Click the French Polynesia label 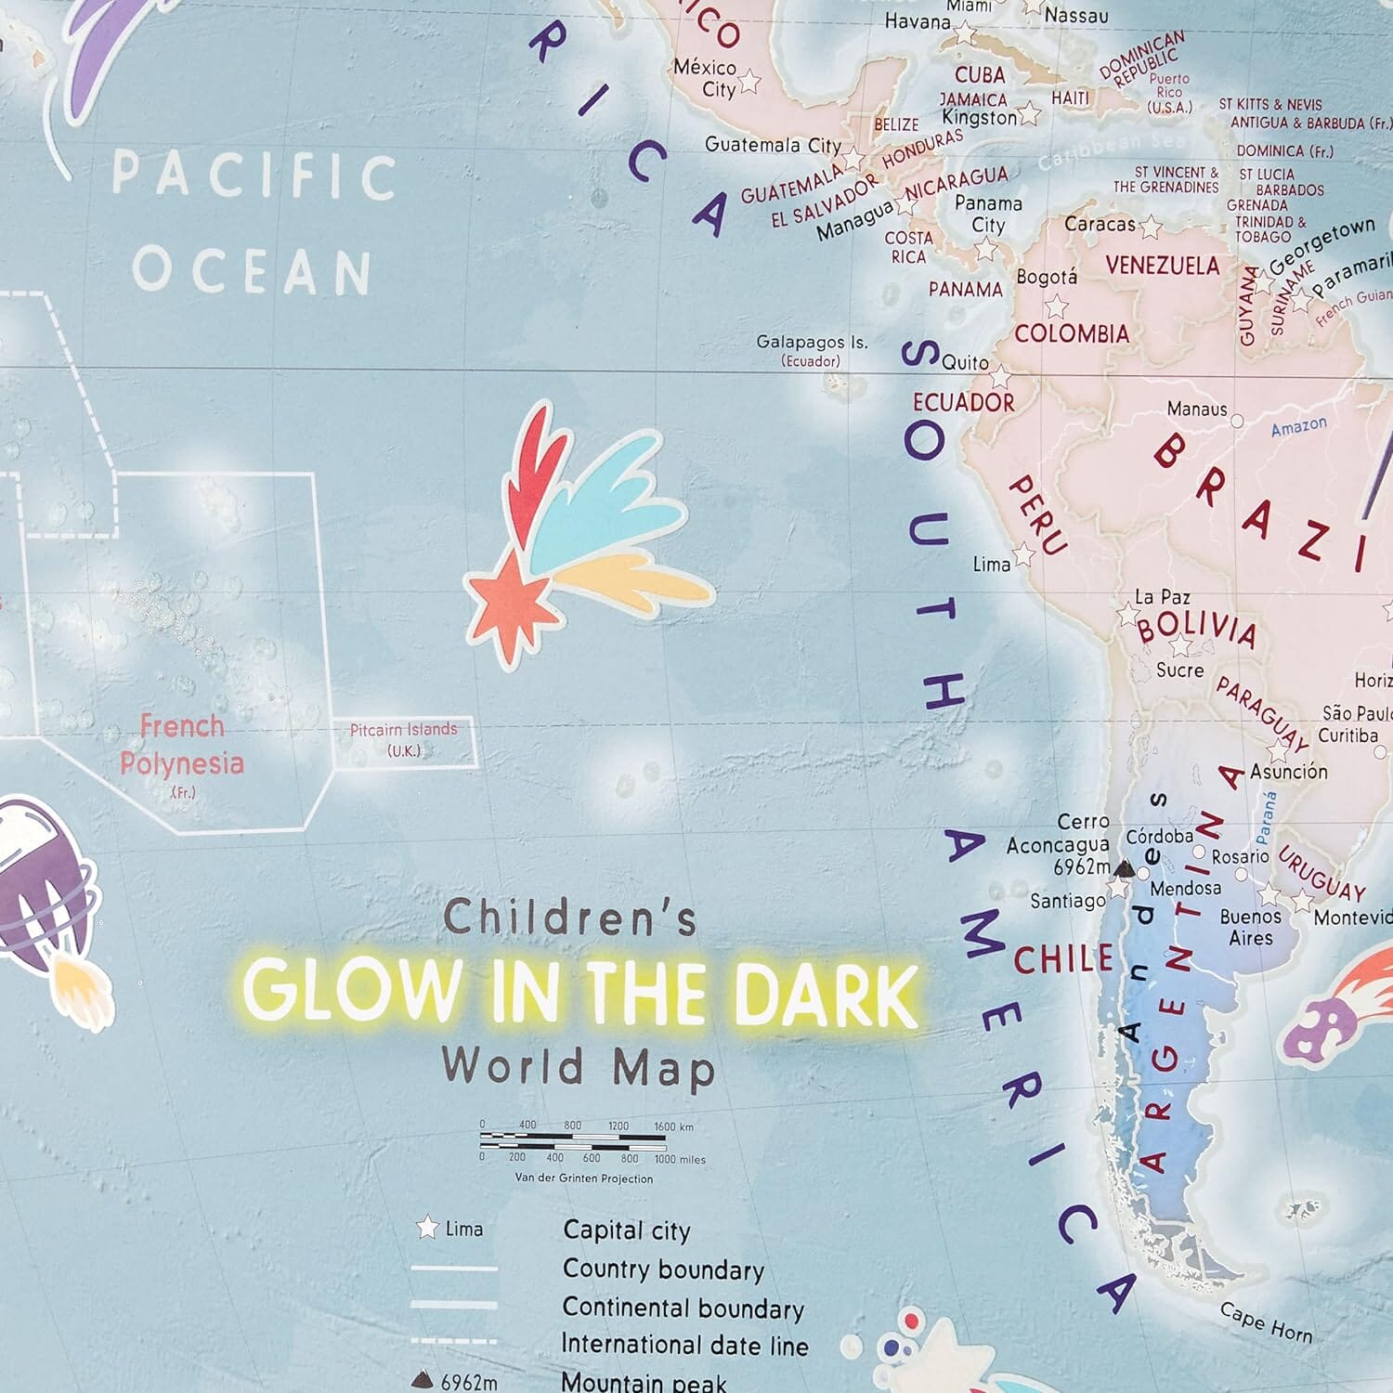pyautogui.click(x=182, y=746)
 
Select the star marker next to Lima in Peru pyautogui.click(x=1023, y=555)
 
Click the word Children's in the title pyautogui.click(x=569, y=918)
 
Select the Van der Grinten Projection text pyautogui.click(x=584, y=1178)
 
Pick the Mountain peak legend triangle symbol pyautogui.click(x=422, y=1381)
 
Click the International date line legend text pyautogui.click(x=684, y=1345)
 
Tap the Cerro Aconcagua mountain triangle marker pyautogui.click(x=1125, y=869)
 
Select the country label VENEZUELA pyautogui.click(x=1162, y=266)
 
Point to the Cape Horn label pyautogui.click(x=1266, y=1321)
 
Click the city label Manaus pyautogui.click(x=1196, y=409)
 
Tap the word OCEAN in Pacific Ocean pyautogui.click(x=252, y=270)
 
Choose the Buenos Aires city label pyautogui.click(x=1250, y=927)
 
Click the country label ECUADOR pyautogui.click(x=963, y=402)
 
